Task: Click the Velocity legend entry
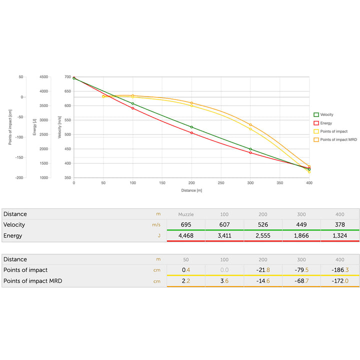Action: click(x=326, y=114)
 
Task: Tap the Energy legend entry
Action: click(x=325, y=123)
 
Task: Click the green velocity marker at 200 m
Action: click(x=191, y=127)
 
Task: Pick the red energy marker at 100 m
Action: click(x=132, y=108)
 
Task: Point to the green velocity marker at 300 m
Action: click(x=250, y=149)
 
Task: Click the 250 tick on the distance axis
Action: click(x=221, y=183)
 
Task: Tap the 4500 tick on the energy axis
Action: click(x=43, y=77)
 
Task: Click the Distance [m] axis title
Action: click(x=191, y=190)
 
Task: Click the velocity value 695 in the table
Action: click(x=185, y=224)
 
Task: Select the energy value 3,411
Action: click(x=224, y=235)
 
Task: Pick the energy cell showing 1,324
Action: click(x=340, y=235)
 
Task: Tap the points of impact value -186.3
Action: click(x=340, y=270)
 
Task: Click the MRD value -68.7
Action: click(x=301, y=281)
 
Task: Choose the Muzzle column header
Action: click(x=185, y=214)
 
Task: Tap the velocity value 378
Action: click(x=340, y=224)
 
